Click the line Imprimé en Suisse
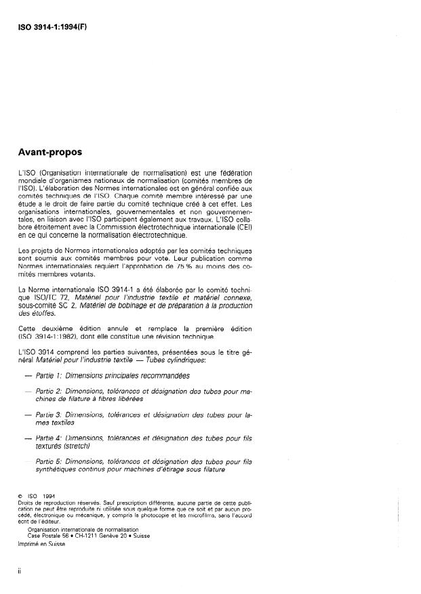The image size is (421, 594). click(43, 544)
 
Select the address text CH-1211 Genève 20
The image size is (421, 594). click(101, 535)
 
